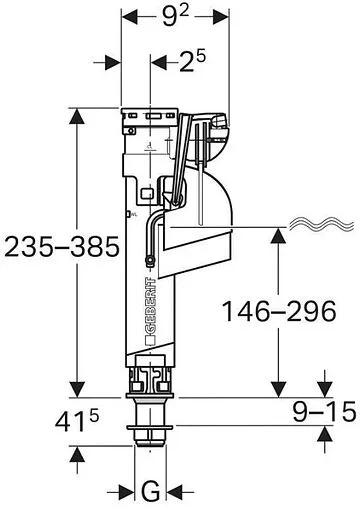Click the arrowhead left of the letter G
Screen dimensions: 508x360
pos(126,490)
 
